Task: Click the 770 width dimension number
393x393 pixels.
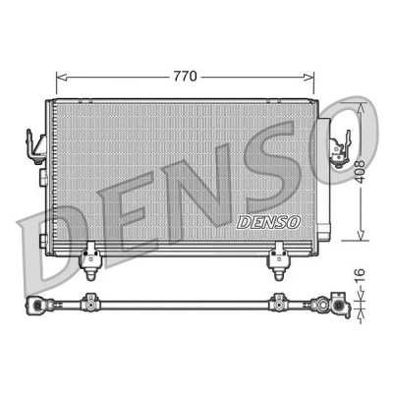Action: [185, 77]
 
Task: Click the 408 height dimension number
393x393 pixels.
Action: [361, 172]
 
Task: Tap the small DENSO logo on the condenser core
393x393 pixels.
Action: [268, 222]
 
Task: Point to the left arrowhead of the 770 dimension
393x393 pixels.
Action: [62, 77]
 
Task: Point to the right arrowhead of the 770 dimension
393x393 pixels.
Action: [309, 77]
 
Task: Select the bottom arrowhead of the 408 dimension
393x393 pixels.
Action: [361, 235]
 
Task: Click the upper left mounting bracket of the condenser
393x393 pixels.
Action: [36, 146]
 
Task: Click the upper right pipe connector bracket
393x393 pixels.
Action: [340, 149]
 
